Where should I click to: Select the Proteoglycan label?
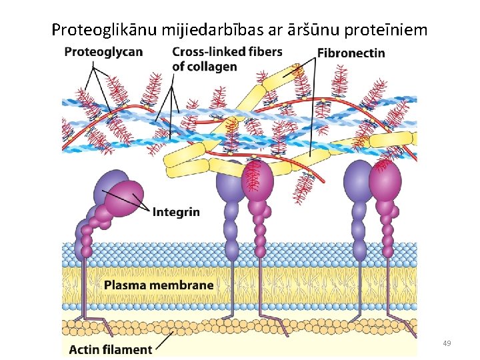(x=103, y=52)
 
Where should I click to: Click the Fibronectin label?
(x=351, y=53)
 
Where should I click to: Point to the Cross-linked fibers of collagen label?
(x=227, y=59)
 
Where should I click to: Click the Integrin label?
(x=176, y=212)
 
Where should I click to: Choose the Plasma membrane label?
(x=159, y=285)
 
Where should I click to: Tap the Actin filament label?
(x=111, y=349)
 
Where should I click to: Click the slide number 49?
(x=447, y=343)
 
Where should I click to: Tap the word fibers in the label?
(x=264, y=51)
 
